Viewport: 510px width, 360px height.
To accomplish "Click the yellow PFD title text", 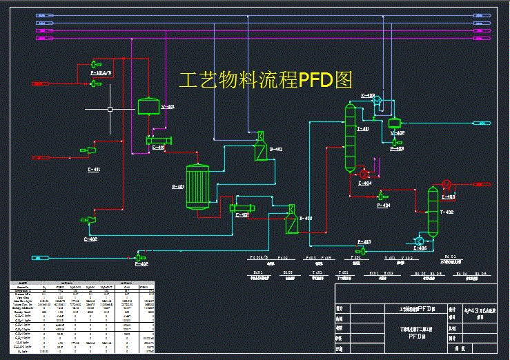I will coord(266,80).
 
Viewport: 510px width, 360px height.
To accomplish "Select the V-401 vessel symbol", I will coord(147,106).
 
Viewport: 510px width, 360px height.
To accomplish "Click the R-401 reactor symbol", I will coord(198,186).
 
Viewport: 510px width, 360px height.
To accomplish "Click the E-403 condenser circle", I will coord(377,101).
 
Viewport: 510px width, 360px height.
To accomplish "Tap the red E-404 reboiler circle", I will coord(362,175).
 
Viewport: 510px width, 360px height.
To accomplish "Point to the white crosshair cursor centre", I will coord(110,109).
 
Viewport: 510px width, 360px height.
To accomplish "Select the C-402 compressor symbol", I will coord(88,220).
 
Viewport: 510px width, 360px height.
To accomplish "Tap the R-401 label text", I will coord(177,186).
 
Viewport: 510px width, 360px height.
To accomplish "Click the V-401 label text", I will coord(168,107).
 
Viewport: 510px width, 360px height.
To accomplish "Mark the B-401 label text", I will coord(276,149).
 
